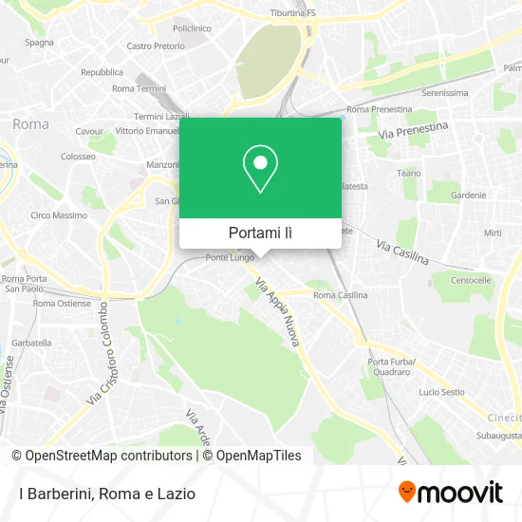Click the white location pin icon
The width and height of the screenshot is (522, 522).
(260, 169)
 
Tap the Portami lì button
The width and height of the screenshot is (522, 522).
(260, 233)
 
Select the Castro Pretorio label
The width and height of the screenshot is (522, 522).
(155, 46)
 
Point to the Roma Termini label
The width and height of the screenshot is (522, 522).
(139, 88)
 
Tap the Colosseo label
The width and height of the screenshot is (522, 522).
(78, 156)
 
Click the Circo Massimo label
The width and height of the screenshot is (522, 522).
(53, 215)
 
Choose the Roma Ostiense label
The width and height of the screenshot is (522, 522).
(62, 304)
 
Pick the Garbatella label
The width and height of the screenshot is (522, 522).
(32, 342)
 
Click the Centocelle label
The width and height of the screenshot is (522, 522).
(471, 281)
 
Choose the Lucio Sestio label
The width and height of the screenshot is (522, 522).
(441, 392)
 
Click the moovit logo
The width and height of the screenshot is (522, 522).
(451, 493)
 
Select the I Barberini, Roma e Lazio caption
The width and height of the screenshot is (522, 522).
(106, 494)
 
